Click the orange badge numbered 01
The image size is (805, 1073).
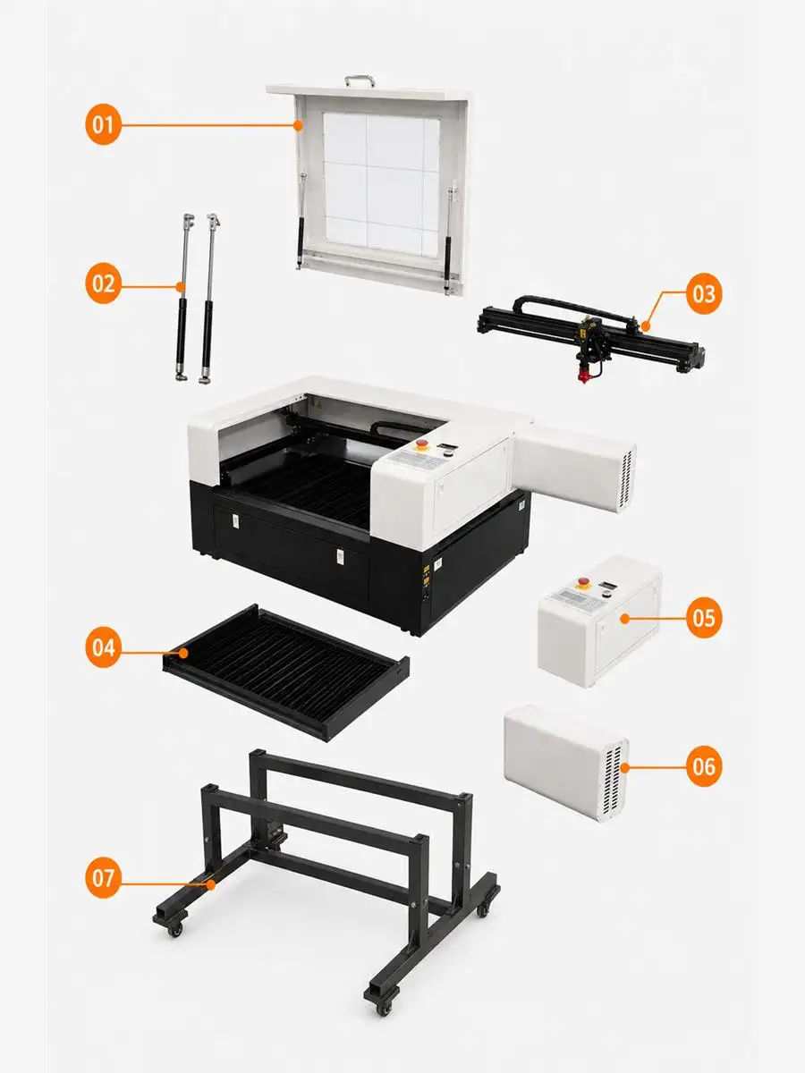point(103,124)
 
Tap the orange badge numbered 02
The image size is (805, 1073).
point(103,283)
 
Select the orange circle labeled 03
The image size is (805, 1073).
point(704,294)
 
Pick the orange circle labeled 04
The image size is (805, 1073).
point(103,647)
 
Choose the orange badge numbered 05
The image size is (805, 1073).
point(704,617)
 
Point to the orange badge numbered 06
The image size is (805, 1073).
point(704,766)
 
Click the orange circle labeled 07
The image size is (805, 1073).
point(103,877)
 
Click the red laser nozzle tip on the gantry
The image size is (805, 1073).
point(584,376)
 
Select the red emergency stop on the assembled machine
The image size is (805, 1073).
point(420,444)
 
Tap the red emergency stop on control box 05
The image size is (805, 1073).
point(583,582)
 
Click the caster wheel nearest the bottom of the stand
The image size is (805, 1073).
point(385,1008)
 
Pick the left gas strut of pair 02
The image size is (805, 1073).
point(183,297)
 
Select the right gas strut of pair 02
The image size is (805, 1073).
point(208,298)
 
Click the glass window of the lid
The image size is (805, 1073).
point(382,180)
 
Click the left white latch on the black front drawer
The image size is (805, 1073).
point(235,521)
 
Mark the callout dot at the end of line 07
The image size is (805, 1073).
point(211,885)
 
